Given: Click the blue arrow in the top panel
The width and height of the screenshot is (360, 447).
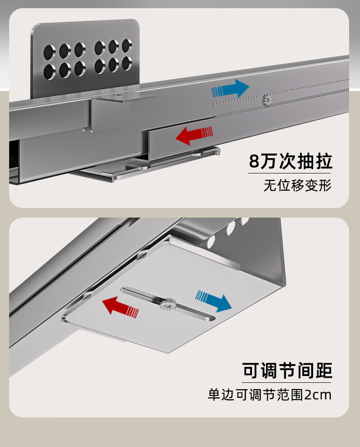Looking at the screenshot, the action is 231,88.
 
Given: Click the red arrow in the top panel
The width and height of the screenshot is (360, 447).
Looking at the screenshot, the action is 194,135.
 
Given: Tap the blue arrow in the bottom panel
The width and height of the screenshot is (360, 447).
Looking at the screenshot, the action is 213,300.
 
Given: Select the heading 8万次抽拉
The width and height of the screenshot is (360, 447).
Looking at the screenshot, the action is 290,162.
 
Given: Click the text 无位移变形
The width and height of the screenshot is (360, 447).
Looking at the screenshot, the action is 297,186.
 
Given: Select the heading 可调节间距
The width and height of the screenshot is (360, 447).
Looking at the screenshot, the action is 287,371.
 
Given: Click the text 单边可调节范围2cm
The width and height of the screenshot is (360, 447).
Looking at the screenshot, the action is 270,395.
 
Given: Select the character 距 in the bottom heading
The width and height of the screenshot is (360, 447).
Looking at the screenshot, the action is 322,371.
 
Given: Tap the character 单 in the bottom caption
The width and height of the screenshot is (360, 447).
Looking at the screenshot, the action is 214,395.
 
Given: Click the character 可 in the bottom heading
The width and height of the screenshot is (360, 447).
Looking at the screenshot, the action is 252,371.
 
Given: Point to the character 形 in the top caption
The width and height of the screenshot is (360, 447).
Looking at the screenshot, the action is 325,186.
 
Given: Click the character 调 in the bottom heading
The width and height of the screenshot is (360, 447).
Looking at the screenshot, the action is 269,371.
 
